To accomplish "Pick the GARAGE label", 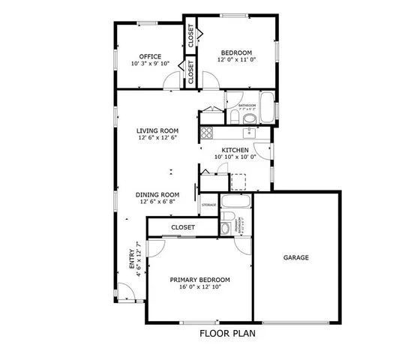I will coord(295,257).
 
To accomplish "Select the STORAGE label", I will coord(208,205).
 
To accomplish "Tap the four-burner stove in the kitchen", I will coord(207,133).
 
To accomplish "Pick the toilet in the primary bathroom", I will coord(226,227).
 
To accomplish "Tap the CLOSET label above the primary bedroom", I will coord(183,226).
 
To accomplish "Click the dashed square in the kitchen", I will coord(238,182).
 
